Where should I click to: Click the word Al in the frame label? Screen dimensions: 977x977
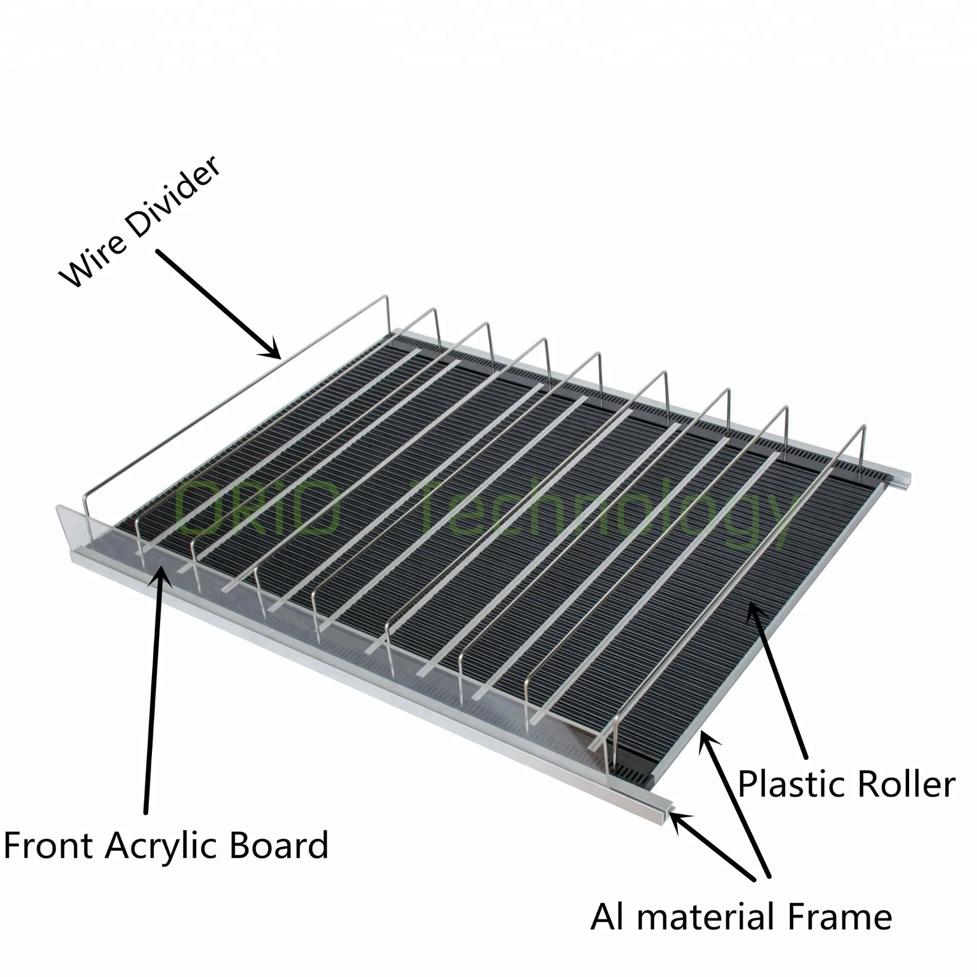pos(607,917)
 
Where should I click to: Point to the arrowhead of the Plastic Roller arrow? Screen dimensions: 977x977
pos(753,613)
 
